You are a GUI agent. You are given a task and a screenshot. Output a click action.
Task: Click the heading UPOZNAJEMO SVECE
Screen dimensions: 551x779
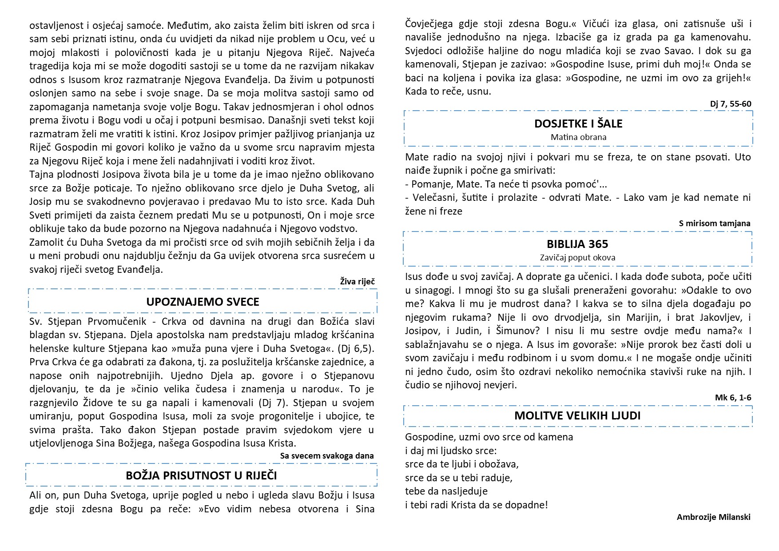(x=203, y=302)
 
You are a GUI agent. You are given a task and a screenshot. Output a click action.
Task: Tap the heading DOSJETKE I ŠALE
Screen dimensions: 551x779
(x=578, y=124)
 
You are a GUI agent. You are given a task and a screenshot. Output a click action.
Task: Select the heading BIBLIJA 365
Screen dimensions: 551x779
(x=577, y=244)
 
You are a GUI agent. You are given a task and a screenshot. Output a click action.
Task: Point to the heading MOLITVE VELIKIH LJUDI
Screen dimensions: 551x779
(x=577, y=416)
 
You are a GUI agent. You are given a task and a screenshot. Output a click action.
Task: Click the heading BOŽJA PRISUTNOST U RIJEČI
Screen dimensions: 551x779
(x=201, y=475)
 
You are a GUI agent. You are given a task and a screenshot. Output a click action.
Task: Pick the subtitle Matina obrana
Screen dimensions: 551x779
(x=578, y=137)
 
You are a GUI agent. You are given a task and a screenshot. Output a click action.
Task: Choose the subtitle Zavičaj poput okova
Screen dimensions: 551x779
(x=577, y=257)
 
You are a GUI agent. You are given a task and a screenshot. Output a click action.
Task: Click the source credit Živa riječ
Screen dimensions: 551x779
(x=358, y=281)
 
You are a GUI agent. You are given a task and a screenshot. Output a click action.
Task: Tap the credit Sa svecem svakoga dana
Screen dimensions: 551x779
(x=327, y=455)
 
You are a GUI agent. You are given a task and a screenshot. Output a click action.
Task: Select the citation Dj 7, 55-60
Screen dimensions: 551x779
(x=731, y=104)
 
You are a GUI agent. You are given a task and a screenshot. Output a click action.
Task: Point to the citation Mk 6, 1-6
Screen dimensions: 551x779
(x=733, y=397)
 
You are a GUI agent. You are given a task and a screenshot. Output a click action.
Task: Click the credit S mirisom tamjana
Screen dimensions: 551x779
(x=715, y=224)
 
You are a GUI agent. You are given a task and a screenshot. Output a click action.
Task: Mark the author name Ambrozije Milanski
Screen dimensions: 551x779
(x=713, y=517)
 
